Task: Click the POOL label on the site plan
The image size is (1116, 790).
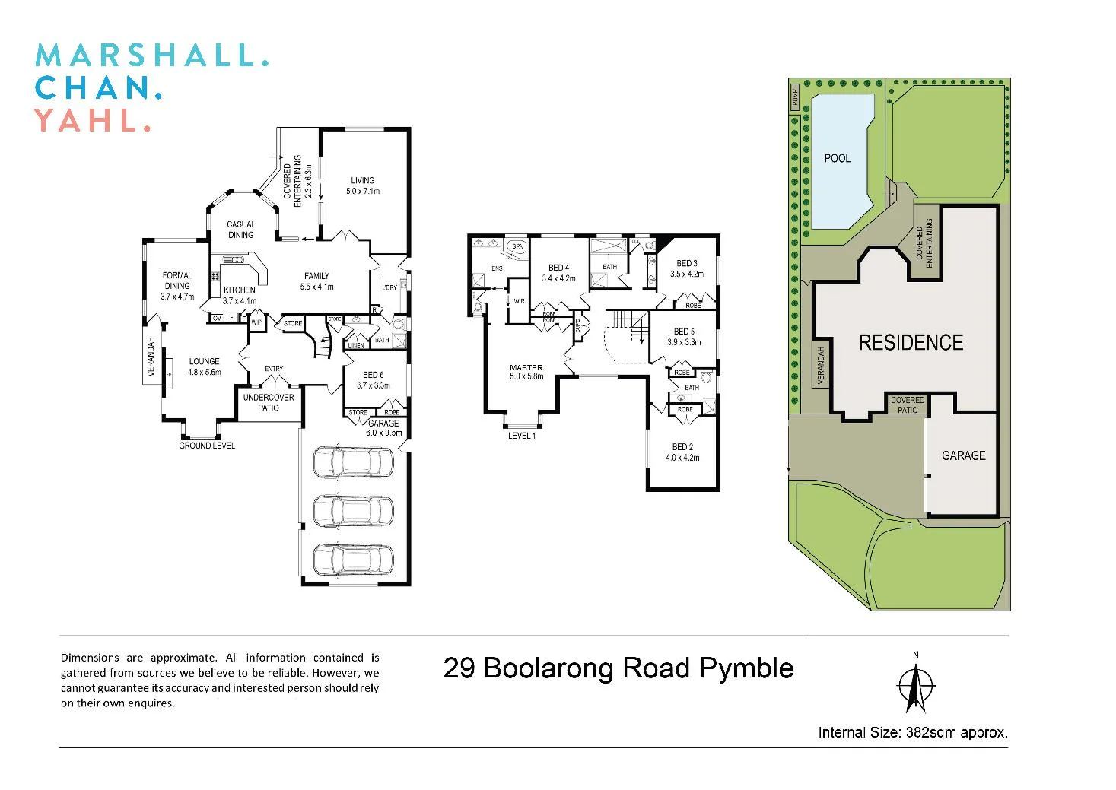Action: (x=837, y=158)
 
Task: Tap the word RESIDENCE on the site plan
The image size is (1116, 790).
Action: (x=911, y=343)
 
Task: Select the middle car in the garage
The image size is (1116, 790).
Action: (x=354, y=511)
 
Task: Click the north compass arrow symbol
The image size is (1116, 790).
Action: (x=915, y=686)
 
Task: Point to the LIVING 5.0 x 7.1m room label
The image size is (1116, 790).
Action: (x=363, y=186)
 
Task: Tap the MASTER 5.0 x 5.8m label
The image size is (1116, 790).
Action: (x=526, y=372)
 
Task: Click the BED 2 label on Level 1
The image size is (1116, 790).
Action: (x=682, y=452)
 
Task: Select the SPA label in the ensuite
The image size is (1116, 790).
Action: (x=517, y=246)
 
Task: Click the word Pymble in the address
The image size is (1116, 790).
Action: (x=746, y=668)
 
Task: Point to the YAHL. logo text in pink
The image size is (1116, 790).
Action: (x=92, y=121)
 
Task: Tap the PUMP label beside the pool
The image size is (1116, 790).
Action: (x=795, y=98)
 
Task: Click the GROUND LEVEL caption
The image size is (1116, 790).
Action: (x=207, y=446)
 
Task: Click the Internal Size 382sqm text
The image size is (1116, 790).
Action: (x=913, y=733)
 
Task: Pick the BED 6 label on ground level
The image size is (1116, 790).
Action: (x=373, y=380)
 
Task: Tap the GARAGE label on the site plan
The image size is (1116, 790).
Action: (x=963, y=455)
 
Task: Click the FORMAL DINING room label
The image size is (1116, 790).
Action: (x=177, y=286)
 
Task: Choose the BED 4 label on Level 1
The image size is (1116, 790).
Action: (x=558, y=273)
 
